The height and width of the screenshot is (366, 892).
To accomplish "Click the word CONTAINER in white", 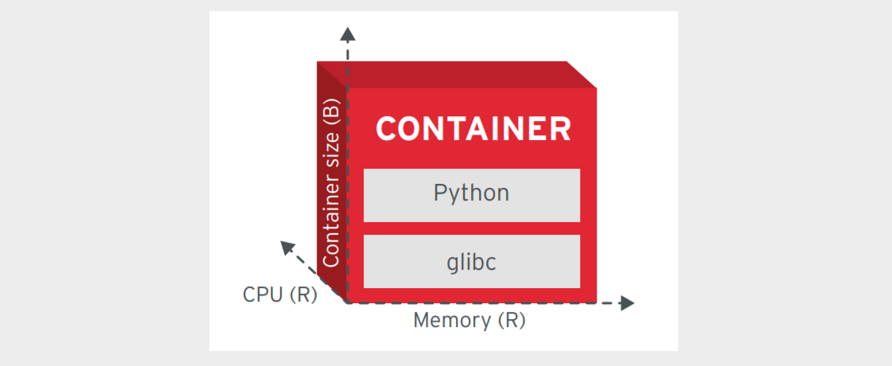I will [x=473, y=129].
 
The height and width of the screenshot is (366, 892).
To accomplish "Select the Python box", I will [x=471, y=196].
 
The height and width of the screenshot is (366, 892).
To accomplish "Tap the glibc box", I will [x=471, y=262].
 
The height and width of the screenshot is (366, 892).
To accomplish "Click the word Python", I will [x=471, y=193].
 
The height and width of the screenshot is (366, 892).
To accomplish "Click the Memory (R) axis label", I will [x=469, y=321].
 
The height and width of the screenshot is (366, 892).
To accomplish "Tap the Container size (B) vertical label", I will [x=332, y=182].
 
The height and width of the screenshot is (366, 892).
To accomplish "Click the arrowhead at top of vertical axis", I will [x=348, y=33].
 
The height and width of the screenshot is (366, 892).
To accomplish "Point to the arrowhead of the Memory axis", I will [x=627, y=303].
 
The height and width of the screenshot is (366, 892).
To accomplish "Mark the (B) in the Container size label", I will [x=332, y=111].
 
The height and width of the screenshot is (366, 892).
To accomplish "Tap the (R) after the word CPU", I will [x=303, y=295].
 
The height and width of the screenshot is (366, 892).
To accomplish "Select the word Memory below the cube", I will [x=452, y=321].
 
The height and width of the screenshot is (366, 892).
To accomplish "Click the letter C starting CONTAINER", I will [x=388, y=129].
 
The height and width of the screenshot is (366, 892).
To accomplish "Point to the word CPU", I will [x=263, y=295].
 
